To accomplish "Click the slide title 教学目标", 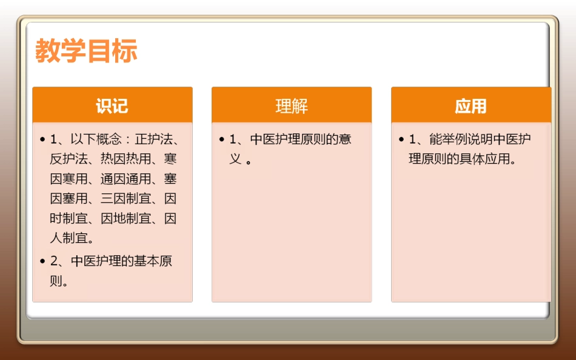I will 86,51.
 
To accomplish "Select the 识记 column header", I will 112,106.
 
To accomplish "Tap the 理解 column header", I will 292,106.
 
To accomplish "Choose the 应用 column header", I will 471,106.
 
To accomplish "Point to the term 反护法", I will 65,159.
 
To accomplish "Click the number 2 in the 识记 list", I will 53,262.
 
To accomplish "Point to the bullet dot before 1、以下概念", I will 42,140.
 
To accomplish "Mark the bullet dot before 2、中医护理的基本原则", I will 42,262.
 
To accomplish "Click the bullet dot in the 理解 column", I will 222,140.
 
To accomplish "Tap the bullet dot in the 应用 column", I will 401,140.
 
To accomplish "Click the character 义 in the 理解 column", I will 236,159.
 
